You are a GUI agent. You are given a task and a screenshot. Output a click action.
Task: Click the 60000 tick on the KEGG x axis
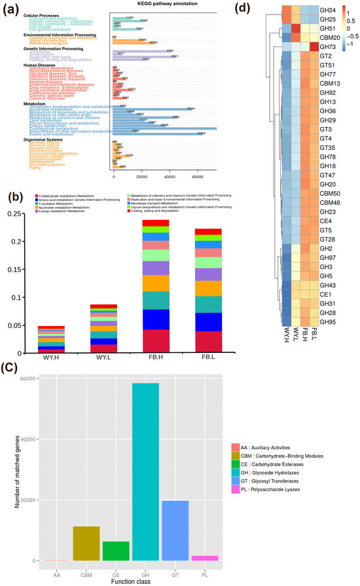198,178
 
